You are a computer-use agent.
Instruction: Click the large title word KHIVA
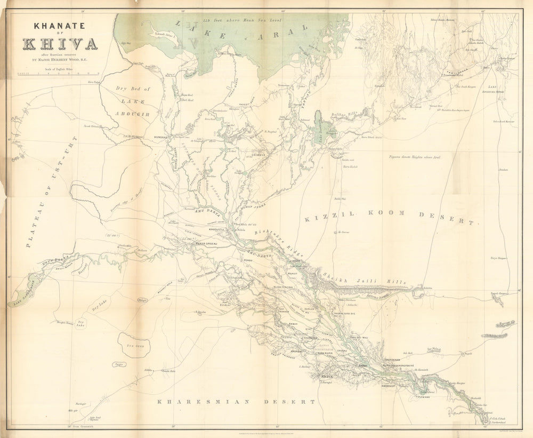60,43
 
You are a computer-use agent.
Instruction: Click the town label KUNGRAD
160,137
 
